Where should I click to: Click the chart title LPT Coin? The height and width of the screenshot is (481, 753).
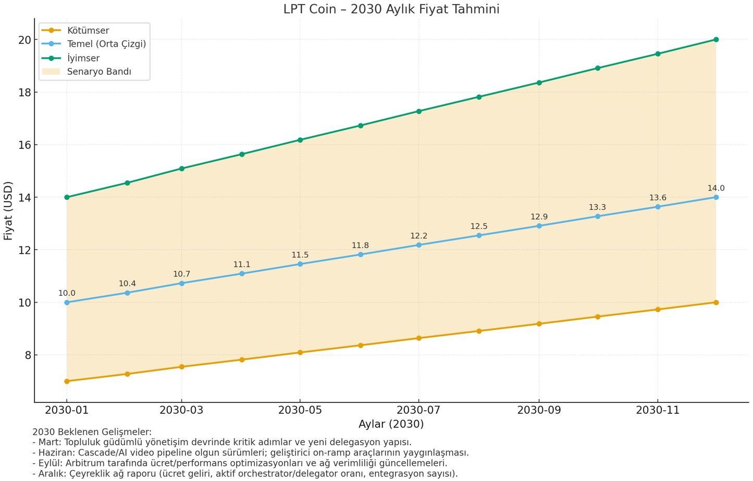(391, 9)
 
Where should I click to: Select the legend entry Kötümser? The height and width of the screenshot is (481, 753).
(88, 31)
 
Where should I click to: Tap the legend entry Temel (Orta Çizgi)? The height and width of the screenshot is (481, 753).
(106, 44)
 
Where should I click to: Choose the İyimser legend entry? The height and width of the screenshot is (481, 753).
(83, 58)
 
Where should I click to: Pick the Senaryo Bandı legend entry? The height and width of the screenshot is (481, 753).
(99, 72)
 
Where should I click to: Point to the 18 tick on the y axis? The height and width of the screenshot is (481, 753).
(24, 92)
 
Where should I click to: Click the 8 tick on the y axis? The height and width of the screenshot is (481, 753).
(28, 355)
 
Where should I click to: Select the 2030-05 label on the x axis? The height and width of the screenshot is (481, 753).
(300, 410)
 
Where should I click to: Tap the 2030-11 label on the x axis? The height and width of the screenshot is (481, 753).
(658, 410)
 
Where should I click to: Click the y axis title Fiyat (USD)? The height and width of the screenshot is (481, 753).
(8, 211)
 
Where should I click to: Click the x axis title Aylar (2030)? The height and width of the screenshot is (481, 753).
(391, 424)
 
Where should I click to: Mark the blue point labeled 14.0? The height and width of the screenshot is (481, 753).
(716, 197)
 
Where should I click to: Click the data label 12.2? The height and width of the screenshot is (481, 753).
(418, 236)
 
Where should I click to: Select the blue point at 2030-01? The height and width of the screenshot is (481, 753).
(67, 302)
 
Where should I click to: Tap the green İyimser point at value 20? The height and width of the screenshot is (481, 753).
(716, 40)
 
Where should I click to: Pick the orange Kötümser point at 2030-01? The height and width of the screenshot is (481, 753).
(67, 381)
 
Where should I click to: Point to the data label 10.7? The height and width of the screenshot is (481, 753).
(181, 274)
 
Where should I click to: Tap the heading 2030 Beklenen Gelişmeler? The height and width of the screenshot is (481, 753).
(92, 432)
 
